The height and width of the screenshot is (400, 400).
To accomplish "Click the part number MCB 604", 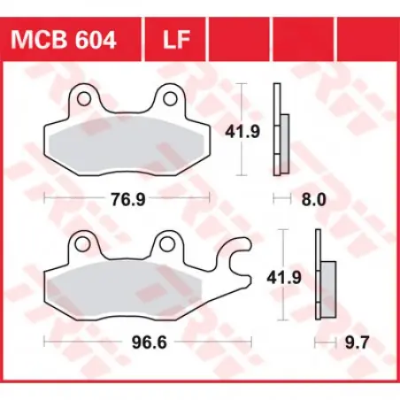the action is [64, 40].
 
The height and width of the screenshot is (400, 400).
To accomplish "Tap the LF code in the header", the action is [176, 40].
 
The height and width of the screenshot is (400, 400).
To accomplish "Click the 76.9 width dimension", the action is [128, 199].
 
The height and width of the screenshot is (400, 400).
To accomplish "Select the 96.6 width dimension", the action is [150, 342].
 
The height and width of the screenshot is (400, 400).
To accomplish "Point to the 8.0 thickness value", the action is [313, 199].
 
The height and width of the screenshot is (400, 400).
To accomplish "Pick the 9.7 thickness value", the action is [357, 342].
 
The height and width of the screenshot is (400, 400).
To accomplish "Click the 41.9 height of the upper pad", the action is [242, 132].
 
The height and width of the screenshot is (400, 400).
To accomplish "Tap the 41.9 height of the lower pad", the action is [284, 278].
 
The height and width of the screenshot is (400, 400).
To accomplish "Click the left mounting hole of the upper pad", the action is [84, 98].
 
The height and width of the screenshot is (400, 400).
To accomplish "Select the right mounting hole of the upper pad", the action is [170, 98].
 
